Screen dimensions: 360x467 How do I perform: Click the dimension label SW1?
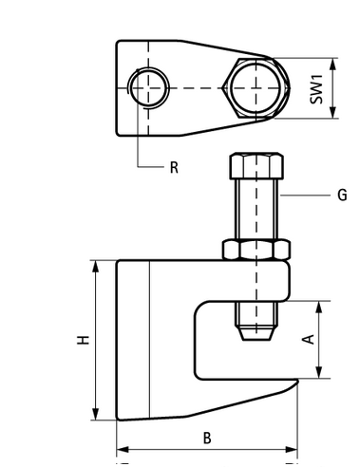click(316, 89)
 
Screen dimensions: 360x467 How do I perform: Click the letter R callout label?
click(174, 167)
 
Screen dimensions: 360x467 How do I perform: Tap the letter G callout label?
click(342, 195)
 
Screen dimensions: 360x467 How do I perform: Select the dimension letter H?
click(84, 340)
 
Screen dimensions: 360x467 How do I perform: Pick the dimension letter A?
click(309, 339)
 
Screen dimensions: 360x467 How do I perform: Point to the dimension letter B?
click(207, 439)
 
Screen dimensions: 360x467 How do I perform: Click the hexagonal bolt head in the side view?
click(256, 166)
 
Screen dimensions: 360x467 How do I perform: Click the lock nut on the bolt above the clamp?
click(256, 250)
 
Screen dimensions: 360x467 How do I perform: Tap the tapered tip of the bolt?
click(256, 333)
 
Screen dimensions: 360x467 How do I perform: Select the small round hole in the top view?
click(148, 88)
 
